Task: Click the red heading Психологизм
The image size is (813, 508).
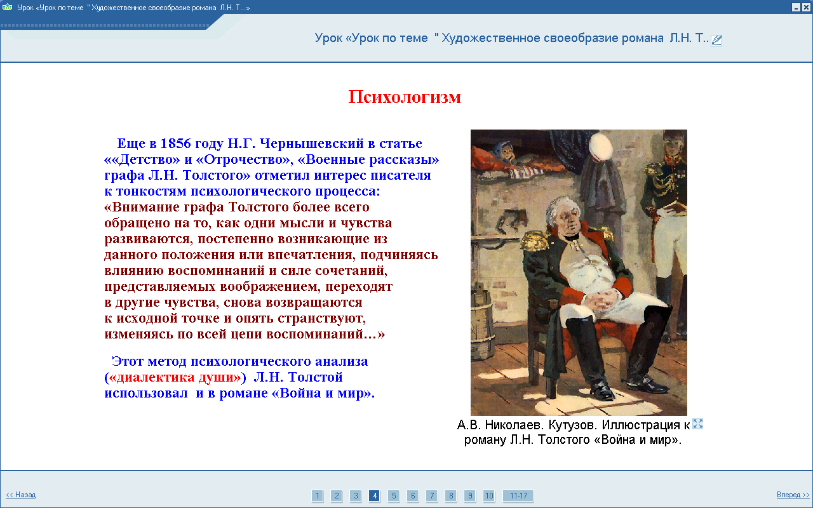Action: (x=405, y=97)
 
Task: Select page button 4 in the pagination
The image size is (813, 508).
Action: (x=375, y=496)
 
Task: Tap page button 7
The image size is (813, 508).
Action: (x=432, y=496)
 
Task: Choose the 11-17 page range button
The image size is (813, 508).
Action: (x=518, y=496)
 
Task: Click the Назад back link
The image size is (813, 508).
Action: (x=21, y=495)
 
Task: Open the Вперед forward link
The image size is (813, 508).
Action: (x=793, y=495)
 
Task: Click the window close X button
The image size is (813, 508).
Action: (x=806, y=7)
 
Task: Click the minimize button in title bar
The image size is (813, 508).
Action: (x=796, y=7)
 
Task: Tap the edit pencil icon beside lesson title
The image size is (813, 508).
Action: (x=716, y=40)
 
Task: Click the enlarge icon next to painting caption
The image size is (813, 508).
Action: (x=697, y=424)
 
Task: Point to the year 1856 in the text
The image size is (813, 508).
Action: (x=176, y=144)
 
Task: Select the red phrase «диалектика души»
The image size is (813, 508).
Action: (x=175, y=377)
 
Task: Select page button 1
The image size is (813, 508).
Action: (x=317, y=496)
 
